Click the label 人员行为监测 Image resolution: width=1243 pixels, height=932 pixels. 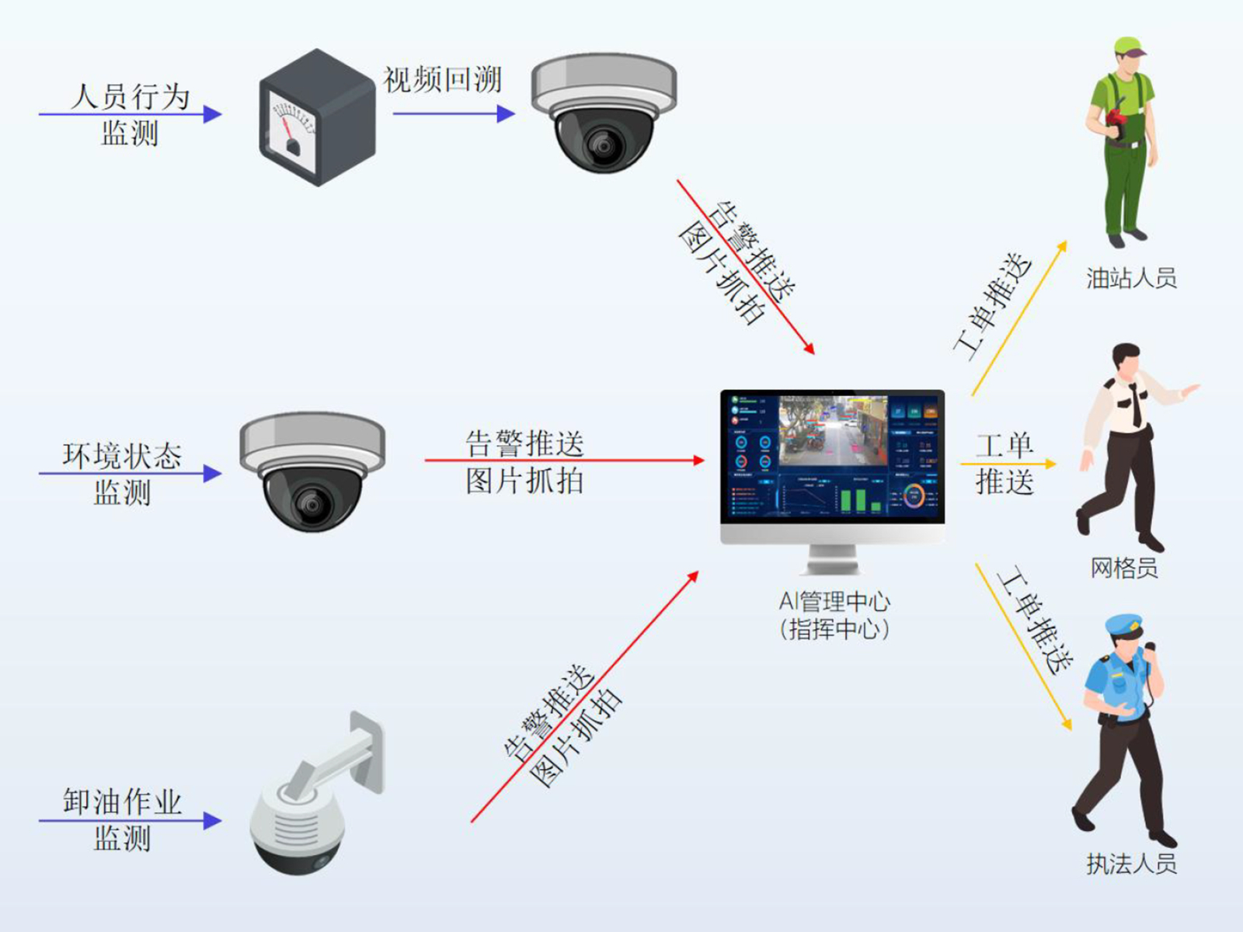130,114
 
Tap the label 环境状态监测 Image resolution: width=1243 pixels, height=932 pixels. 122,473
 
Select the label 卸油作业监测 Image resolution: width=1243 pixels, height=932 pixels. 122,820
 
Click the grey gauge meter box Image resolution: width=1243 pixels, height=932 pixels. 317,118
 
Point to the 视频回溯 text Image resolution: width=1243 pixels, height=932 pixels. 442,80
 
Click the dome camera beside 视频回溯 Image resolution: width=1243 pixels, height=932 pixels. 604,113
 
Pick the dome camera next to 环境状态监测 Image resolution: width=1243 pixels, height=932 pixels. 312,471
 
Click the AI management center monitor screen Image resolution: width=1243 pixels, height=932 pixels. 832,458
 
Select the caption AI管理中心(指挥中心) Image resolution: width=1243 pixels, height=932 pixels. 834,614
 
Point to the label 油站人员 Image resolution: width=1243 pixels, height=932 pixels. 1131,277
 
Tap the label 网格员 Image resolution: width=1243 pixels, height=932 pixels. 1124,568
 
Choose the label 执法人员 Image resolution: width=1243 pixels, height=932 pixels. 1131,863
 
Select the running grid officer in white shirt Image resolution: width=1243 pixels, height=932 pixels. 1126,443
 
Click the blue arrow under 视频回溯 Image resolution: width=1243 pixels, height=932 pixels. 454,114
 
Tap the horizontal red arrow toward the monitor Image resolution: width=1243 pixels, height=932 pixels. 564,461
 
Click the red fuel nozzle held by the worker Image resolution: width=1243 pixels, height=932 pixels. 1116,118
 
